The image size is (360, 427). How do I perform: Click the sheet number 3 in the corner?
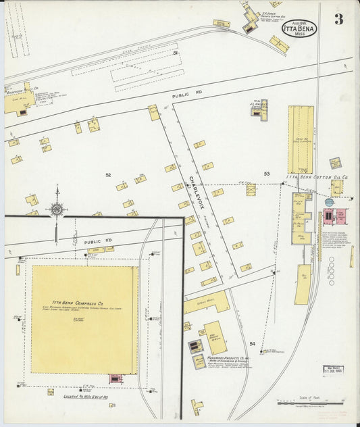(x=338, y=20)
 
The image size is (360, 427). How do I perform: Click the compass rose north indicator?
(x=57, y=209)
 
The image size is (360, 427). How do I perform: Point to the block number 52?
(x=108, y=175)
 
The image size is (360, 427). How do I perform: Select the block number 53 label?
(x=267, y=174)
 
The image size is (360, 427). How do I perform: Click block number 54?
(x=252, y=344)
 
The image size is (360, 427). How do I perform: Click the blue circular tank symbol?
(x=329, y=202)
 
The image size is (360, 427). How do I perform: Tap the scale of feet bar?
(x=311, y=403)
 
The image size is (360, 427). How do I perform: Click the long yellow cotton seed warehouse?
(x=301, y=139)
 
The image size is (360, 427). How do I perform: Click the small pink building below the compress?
(x=115, y=379)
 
